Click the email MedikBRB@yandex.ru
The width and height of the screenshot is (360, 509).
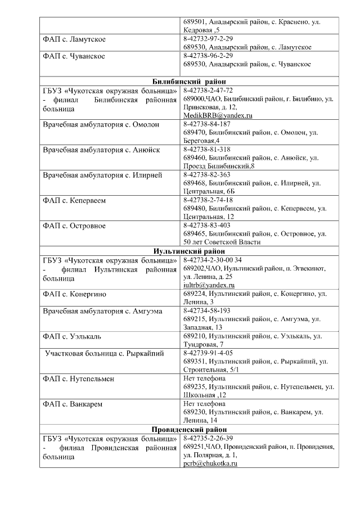coord(218,115)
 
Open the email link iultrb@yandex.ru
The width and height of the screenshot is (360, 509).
coord(209,285)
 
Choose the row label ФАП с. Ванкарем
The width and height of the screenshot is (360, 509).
coord(73,404)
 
